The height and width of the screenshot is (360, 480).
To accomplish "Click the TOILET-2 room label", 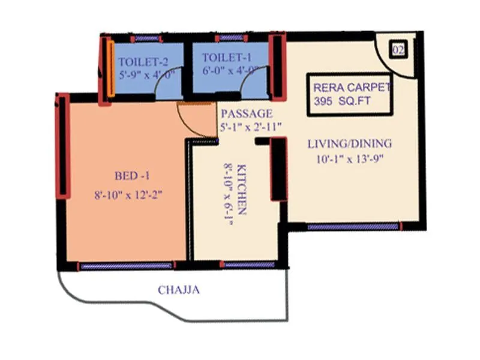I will pos(143,62).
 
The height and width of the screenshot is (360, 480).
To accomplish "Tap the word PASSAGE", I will pos(246,113).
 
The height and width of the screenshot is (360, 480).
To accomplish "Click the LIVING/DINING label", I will pos(349,144).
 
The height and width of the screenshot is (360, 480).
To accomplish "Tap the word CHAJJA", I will pos(179,290).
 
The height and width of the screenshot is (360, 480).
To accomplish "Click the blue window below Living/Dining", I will pos(353,227).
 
